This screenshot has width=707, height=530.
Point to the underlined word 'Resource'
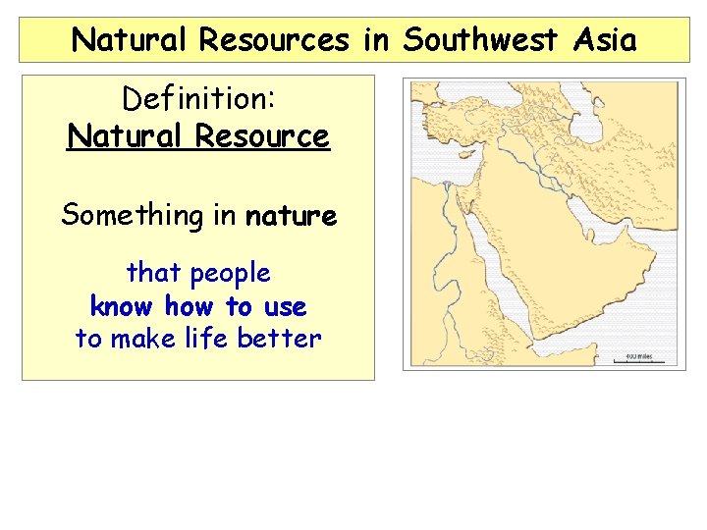(x=262, y=135)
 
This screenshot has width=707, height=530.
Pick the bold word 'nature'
(x=291, y=215)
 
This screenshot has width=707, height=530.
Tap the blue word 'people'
(x=231, y=273)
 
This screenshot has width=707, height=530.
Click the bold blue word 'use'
(x=285, y=306)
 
